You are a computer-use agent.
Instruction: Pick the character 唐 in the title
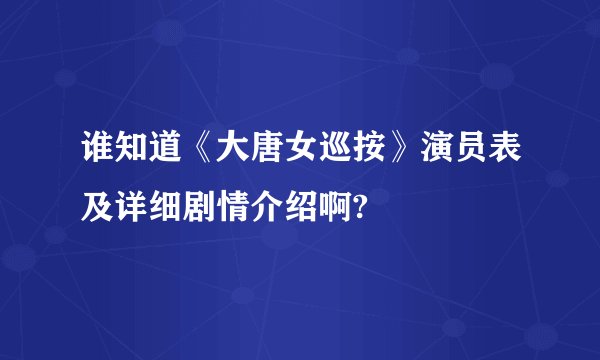(x=253, y=159)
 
